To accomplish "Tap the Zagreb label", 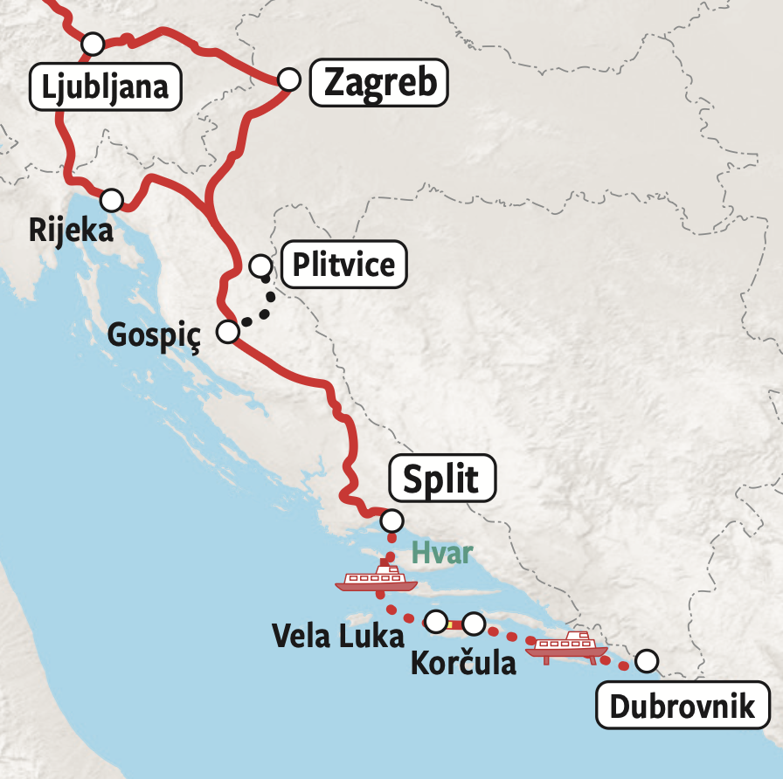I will click(x=379, y=84).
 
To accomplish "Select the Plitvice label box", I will click(x=343, y=264).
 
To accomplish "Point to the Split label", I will click(x=442, y=479).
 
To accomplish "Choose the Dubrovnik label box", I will click(x=683, y=706).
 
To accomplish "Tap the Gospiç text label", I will click(x=154, y=334).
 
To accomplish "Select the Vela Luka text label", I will click(x=338, y=635).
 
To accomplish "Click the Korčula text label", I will click(x=463, y=663).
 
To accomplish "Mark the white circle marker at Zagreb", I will click(x=289, y=79).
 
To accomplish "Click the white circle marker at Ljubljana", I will click(x=92, y=43).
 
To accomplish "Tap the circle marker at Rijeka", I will click(x=111, y=200).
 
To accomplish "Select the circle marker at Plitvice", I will click(x=260, y=265).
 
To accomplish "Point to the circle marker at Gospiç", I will click(x=227, y=332).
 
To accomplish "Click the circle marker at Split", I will click(x=392, y=521).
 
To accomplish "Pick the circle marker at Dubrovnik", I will click(x=646, y=661).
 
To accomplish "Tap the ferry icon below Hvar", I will click(x=376, y=577).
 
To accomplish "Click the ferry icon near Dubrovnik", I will click(x=567, y=647).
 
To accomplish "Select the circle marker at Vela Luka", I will click(x=435, y=621).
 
